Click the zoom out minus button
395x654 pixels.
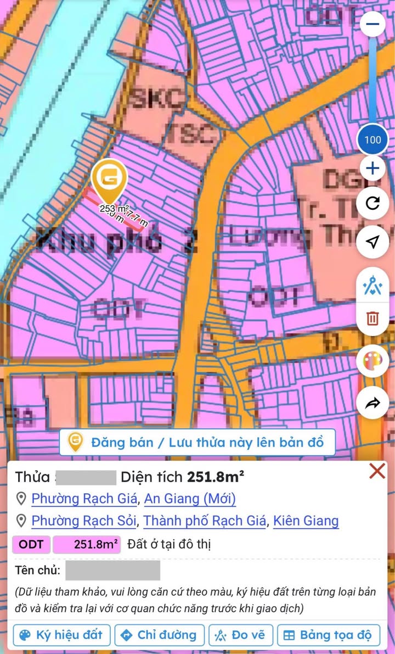click(x=373, y=25)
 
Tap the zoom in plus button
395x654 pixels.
click(x=373, y=168)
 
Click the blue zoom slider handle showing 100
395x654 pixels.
click(x=373, y=139)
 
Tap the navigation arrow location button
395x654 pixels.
click(x=373, y=242)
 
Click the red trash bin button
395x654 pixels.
click(x=373, y=318)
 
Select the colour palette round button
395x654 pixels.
click(x=373, y=362)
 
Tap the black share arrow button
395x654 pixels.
click(x=373, y=404)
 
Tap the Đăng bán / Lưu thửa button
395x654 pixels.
click(x=197, y=442)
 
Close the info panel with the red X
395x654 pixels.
click(x=377, y=471)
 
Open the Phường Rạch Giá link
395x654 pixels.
click(x=85, y=499)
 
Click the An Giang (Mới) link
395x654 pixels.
click(x=190, y=499)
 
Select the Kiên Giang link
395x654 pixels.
click(x=306, y=521)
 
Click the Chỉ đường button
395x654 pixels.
click(x=159, y=635)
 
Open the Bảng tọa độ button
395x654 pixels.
click(x=329, y=635)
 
